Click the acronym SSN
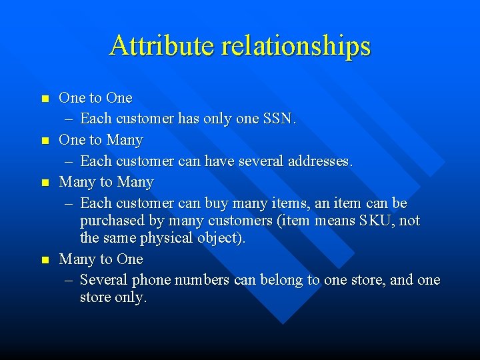coord(279,119)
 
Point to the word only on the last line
coord(129,298)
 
